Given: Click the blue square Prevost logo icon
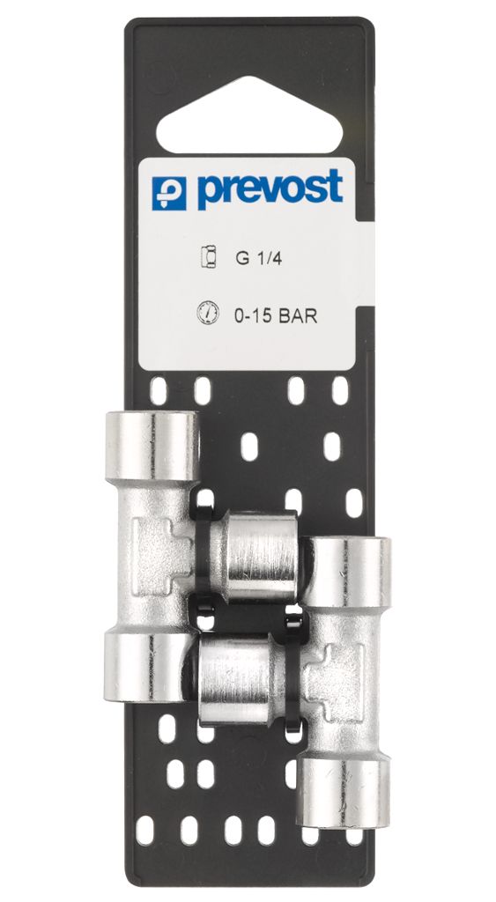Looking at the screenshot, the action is [x=169, y=193].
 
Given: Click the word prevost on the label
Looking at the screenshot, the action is [x=270, y=189].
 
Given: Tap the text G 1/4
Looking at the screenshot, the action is [x=258, y=258].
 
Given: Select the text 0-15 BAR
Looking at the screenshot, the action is [x=276, y=316].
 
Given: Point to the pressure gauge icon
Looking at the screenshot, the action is [x=207, y=314].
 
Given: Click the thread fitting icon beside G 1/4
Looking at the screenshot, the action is [x=208, y=256].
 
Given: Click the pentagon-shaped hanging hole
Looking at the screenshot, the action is [x=249, y=116].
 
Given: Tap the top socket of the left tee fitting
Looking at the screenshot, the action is [x=152, y=447].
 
